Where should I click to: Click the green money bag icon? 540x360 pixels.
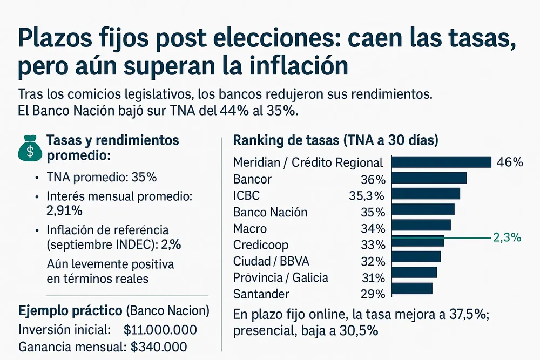[30, 147]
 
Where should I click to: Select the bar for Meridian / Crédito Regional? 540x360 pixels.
[441, 162]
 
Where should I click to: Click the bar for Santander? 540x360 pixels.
[411, 289]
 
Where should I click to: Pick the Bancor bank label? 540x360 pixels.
[252, 179]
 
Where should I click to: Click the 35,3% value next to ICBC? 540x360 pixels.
[367, 195]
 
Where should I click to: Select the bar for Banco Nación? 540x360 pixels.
[422, 209]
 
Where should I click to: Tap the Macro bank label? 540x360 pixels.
[249, 229]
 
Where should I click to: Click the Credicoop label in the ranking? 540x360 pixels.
[261, 245]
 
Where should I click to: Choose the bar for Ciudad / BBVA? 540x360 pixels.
[415, 256]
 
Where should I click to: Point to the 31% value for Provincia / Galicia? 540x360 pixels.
[373, 278]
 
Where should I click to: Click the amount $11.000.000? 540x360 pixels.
[160, 330]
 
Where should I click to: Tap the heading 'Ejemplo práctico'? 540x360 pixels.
[70, 311]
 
